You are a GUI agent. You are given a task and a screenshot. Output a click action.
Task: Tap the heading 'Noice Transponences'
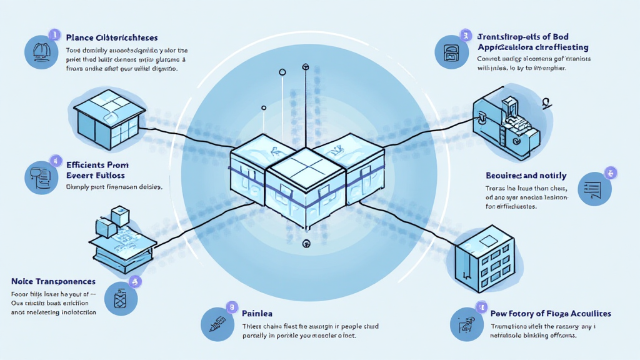[54, 282]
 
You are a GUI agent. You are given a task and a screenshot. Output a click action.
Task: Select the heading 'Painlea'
[257, 312]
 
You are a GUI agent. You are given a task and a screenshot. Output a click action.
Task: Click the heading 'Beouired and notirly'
[526, 176]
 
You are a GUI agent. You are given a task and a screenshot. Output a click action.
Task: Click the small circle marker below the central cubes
[306, 244]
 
